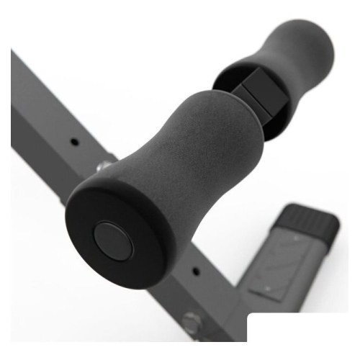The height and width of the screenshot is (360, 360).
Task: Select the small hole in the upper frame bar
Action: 74,141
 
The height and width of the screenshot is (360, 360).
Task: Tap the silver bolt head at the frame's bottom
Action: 192,322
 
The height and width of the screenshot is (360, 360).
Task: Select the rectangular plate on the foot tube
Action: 284,266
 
